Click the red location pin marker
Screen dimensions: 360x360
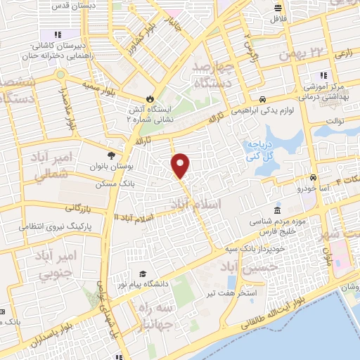pos(181,165)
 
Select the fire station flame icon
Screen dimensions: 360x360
pos(149,97)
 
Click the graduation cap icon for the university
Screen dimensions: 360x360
pos(143,274)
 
